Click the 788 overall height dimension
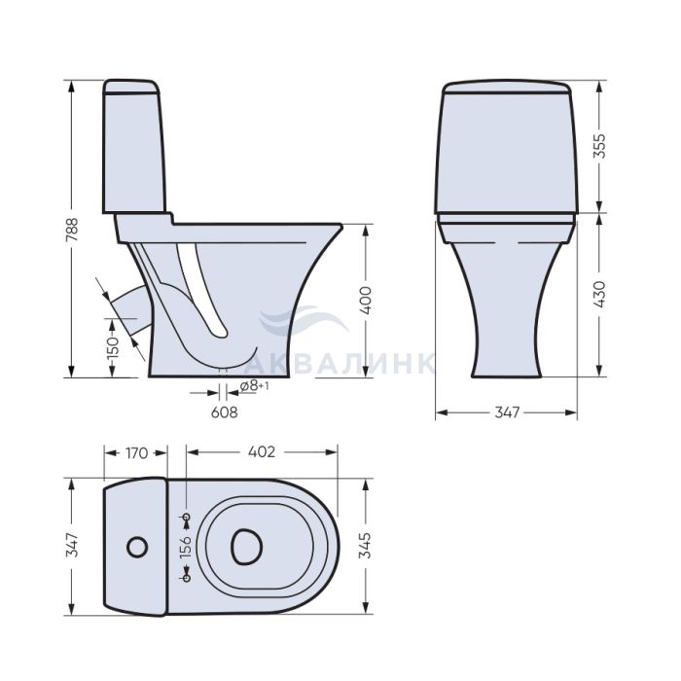(72, 230)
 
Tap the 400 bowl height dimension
(366, 300)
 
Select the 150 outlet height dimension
(113, 346)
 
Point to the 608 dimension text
(224, 412)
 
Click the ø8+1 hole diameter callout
(254, 385)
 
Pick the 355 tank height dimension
(599, 146)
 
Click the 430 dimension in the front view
(599, 295)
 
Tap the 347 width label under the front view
(507, 412)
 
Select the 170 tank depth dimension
(137, 453)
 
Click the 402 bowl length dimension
(262, 452)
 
